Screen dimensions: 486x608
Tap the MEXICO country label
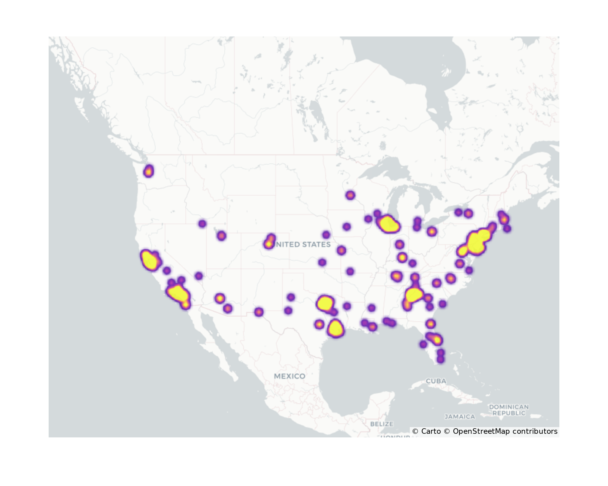(x=289, y=376)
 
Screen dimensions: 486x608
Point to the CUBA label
(x=436, y=381)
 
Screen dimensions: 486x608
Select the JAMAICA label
(x=460, y=417)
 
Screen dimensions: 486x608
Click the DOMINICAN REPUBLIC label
(x=509, y=410)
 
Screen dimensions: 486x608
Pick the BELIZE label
(x=382, y=424)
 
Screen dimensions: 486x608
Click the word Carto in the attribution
(x=431, y=431)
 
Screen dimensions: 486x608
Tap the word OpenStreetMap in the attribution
(x=481, y=431)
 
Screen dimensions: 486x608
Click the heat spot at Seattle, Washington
(x=149, y=171)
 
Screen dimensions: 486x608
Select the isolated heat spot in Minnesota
(x=350, y=195)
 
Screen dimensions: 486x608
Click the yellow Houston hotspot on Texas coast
(x=335, y=329)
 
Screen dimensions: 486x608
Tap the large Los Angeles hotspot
(x=178, y=293)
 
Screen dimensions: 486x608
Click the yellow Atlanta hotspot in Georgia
(x=413, y=295)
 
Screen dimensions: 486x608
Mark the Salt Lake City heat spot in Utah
(x=222, y=235)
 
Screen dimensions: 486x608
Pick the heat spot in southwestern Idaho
(x=202, y=224)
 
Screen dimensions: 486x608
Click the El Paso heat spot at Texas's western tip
(x=258, y=312)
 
